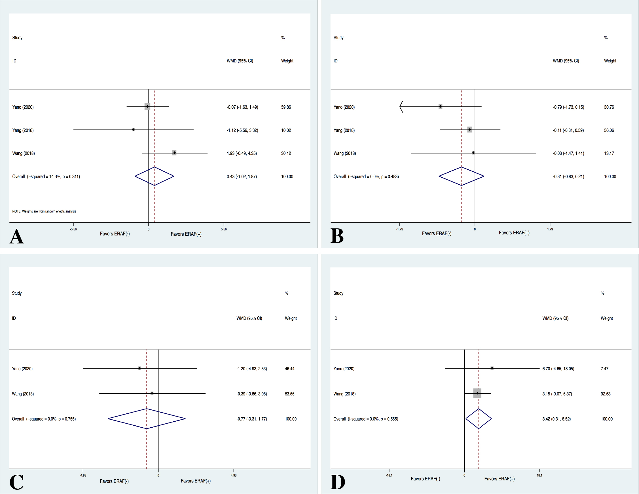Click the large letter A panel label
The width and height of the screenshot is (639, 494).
[x=16, y=236]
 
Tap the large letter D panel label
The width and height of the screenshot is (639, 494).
[x=338, y=482]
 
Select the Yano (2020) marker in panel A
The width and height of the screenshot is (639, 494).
[x=147, y=107]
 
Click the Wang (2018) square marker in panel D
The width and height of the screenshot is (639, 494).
[x=477, y=393]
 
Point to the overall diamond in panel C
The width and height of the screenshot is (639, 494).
[x=147, y=419]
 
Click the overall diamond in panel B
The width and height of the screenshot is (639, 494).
[x=462, y=176]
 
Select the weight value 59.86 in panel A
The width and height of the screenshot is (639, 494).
[x=286, y=107]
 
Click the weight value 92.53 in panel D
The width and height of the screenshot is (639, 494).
[x=605, y=394]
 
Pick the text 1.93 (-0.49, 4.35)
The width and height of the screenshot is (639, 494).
[x=242, y=154]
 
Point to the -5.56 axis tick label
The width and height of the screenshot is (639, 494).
[x=73, y=229]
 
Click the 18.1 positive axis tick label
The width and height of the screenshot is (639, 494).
[x=539, y=475]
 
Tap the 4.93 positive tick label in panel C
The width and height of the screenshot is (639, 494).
[x=234, y=475]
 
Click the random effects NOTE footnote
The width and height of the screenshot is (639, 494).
[x=44, y=211]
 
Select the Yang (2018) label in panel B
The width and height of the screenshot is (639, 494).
[x=344, y=130]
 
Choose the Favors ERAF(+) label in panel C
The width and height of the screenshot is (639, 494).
[x=195, y=481]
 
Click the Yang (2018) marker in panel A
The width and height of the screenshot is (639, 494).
[x=133, y=129]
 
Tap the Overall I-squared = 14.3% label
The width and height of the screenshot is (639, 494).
[x=46, y=176]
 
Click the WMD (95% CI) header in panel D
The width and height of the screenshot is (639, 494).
[x=555, y=318]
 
